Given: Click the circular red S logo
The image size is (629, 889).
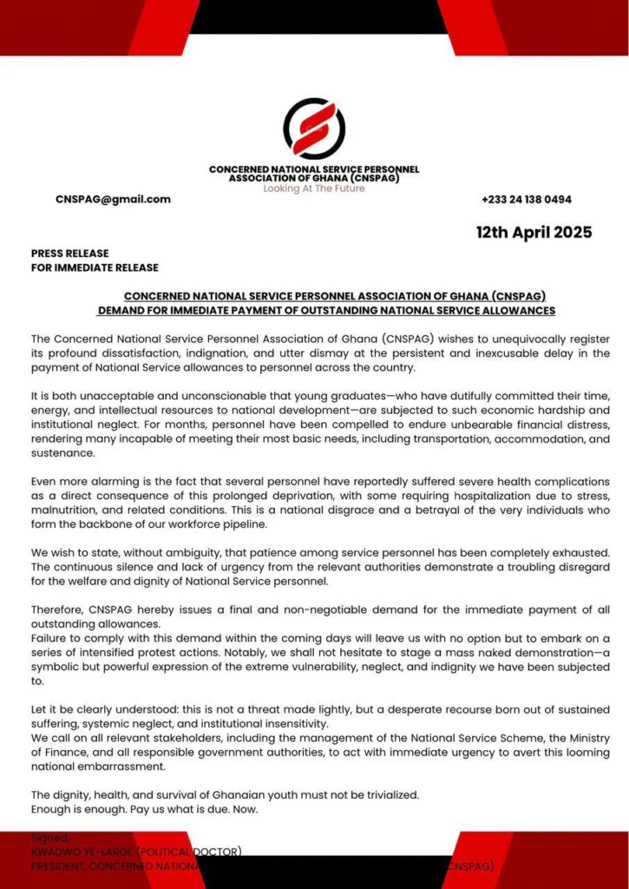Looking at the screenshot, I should coord(314,128).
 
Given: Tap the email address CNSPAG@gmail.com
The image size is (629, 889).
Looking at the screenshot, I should coord(113,199).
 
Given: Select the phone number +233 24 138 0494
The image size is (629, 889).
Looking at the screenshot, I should coord(527,200).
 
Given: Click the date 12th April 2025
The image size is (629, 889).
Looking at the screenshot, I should coord(534,233).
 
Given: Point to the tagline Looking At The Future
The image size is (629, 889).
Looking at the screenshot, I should coord(314,188).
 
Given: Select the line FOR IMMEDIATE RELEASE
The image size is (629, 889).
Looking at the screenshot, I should coord(95,268).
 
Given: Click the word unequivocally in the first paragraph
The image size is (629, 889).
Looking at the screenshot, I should coord(504,339).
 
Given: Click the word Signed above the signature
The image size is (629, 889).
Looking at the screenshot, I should coord(49,838).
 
